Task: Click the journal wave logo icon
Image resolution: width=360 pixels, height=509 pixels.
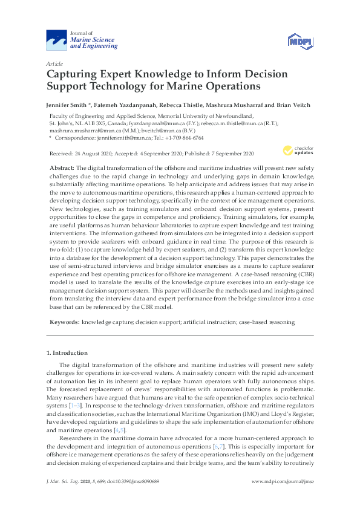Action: (x=57, y=41)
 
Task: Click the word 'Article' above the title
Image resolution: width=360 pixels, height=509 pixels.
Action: (x=53, y=63)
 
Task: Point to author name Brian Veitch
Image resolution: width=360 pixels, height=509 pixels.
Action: (x=294, y=105)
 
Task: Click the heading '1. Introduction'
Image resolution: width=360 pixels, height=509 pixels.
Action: (x=67, y=352)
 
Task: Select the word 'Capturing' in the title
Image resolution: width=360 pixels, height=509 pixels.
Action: (x=76, y=74)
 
